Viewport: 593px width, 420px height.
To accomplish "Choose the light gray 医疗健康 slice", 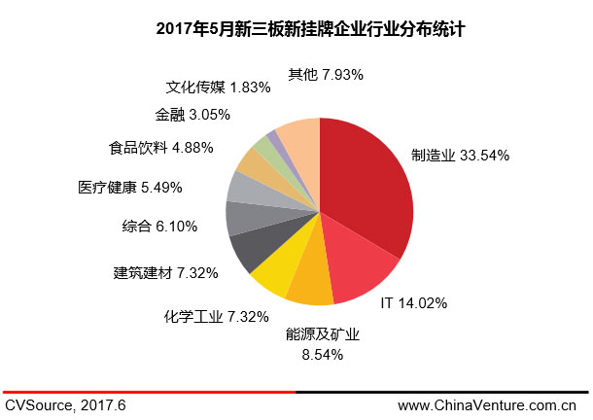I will (x=243, y=188).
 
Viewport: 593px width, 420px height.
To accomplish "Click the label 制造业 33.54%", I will (x=460, y=155).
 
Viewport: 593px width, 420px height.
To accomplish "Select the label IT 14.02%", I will (x=412, y=302).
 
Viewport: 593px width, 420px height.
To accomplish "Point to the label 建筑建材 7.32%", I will (x=165, y=272).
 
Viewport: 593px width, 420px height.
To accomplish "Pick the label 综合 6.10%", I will (x=159, y=226).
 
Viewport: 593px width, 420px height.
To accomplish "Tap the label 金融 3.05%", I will (x=192, y=114).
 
